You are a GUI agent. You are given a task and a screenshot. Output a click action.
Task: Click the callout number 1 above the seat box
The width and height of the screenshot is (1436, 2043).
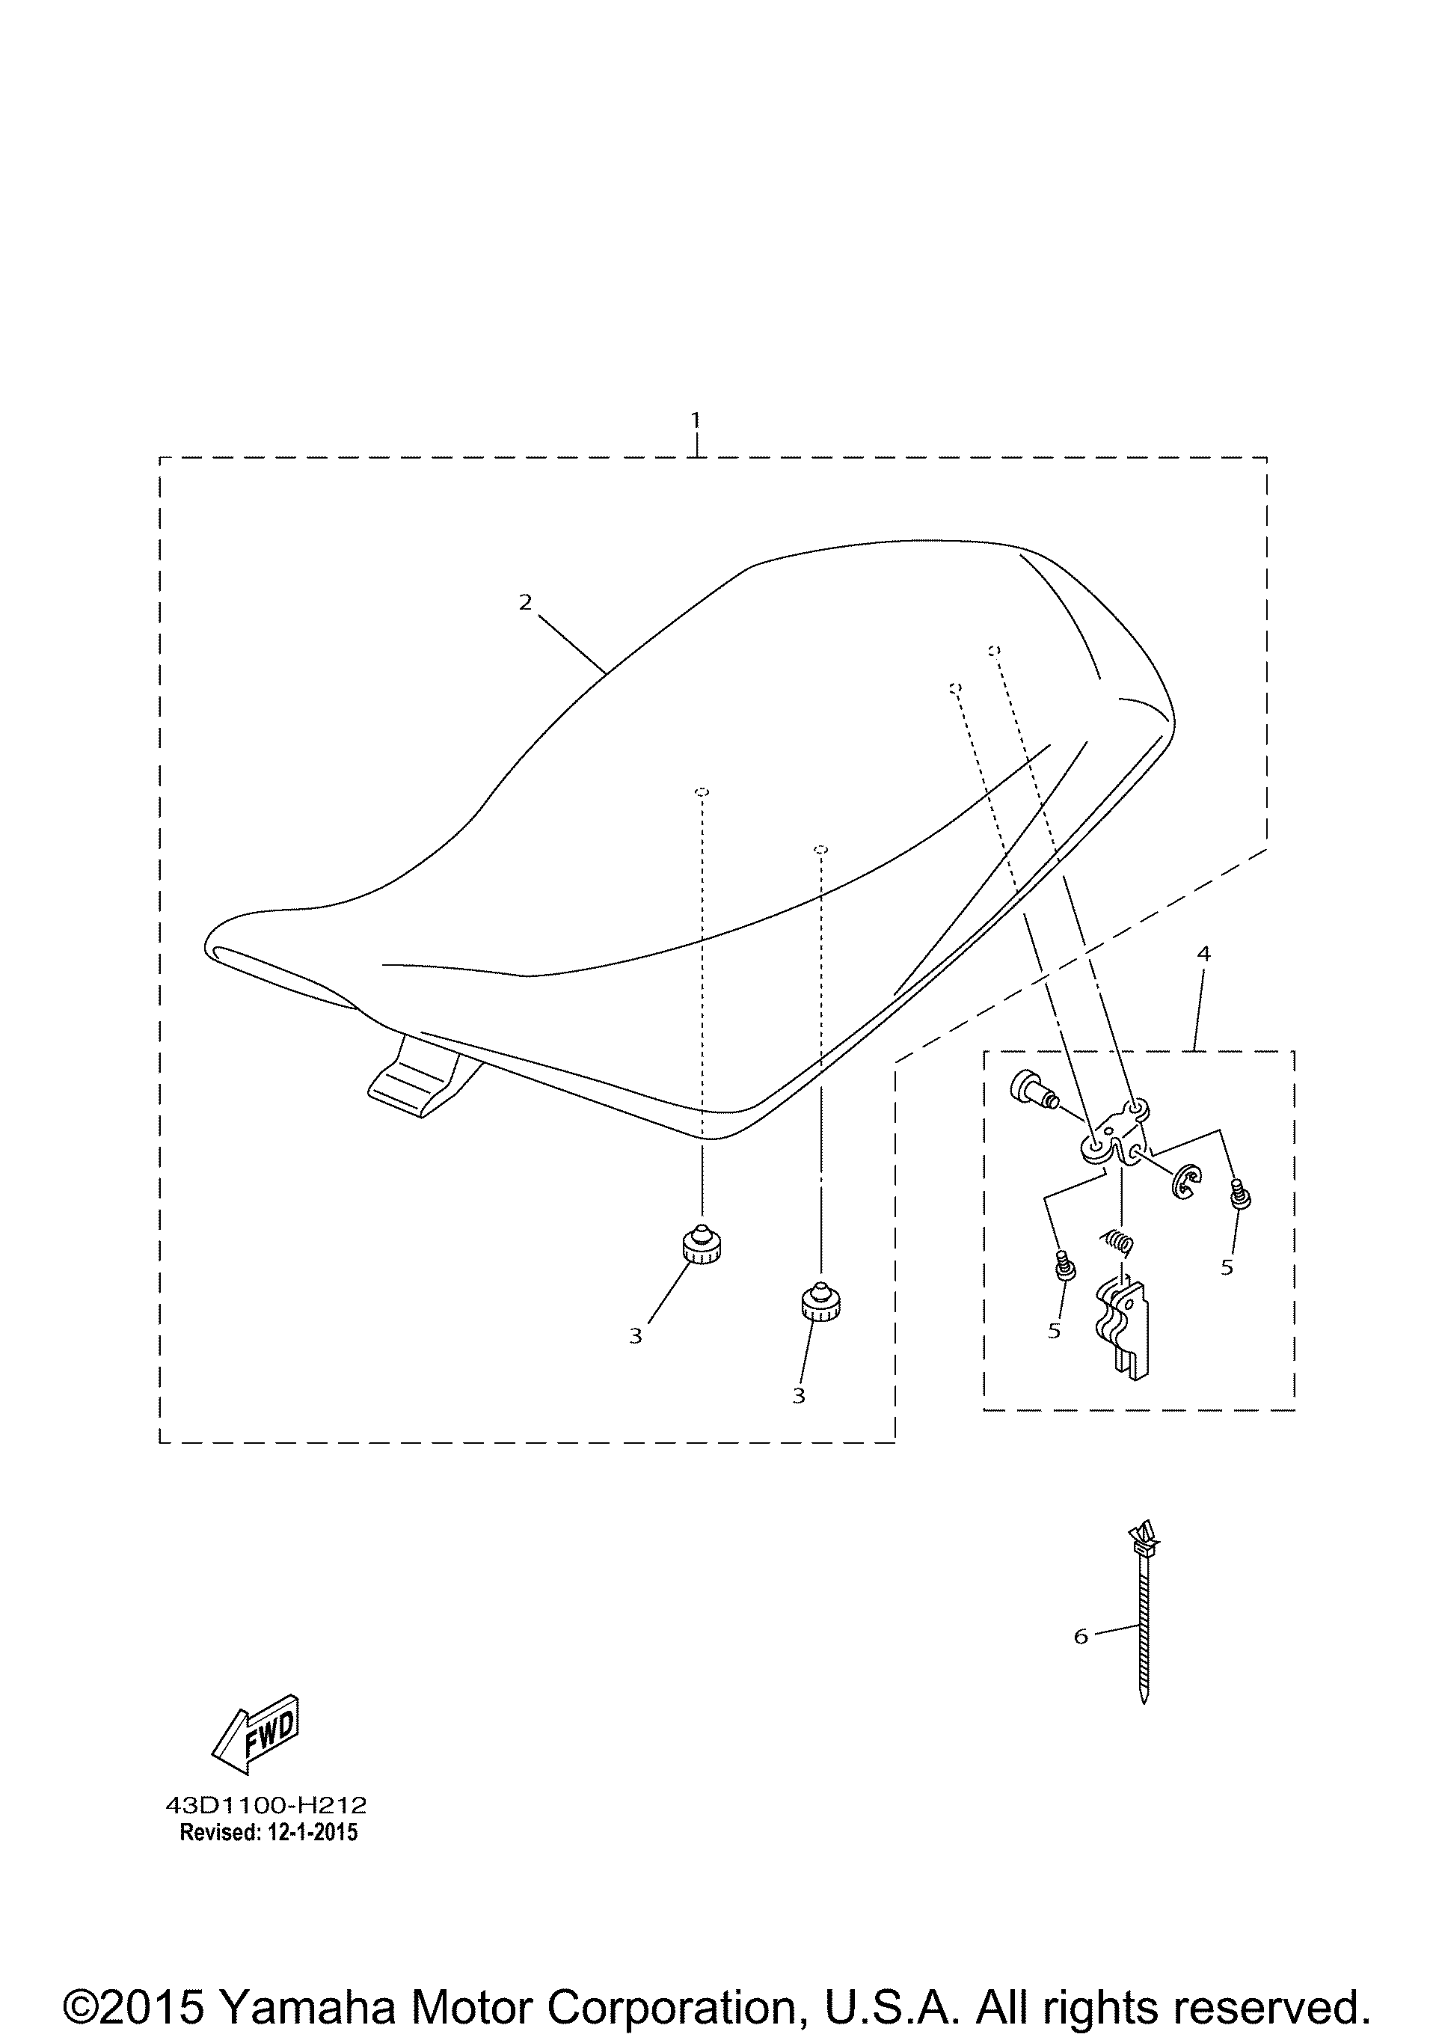coord(696,419)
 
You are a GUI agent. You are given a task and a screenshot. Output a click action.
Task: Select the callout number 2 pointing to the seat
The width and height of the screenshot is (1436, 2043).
coord(525,603)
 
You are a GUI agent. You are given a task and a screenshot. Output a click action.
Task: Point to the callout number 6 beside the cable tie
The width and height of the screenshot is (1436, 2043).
coord(1081,1636)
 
